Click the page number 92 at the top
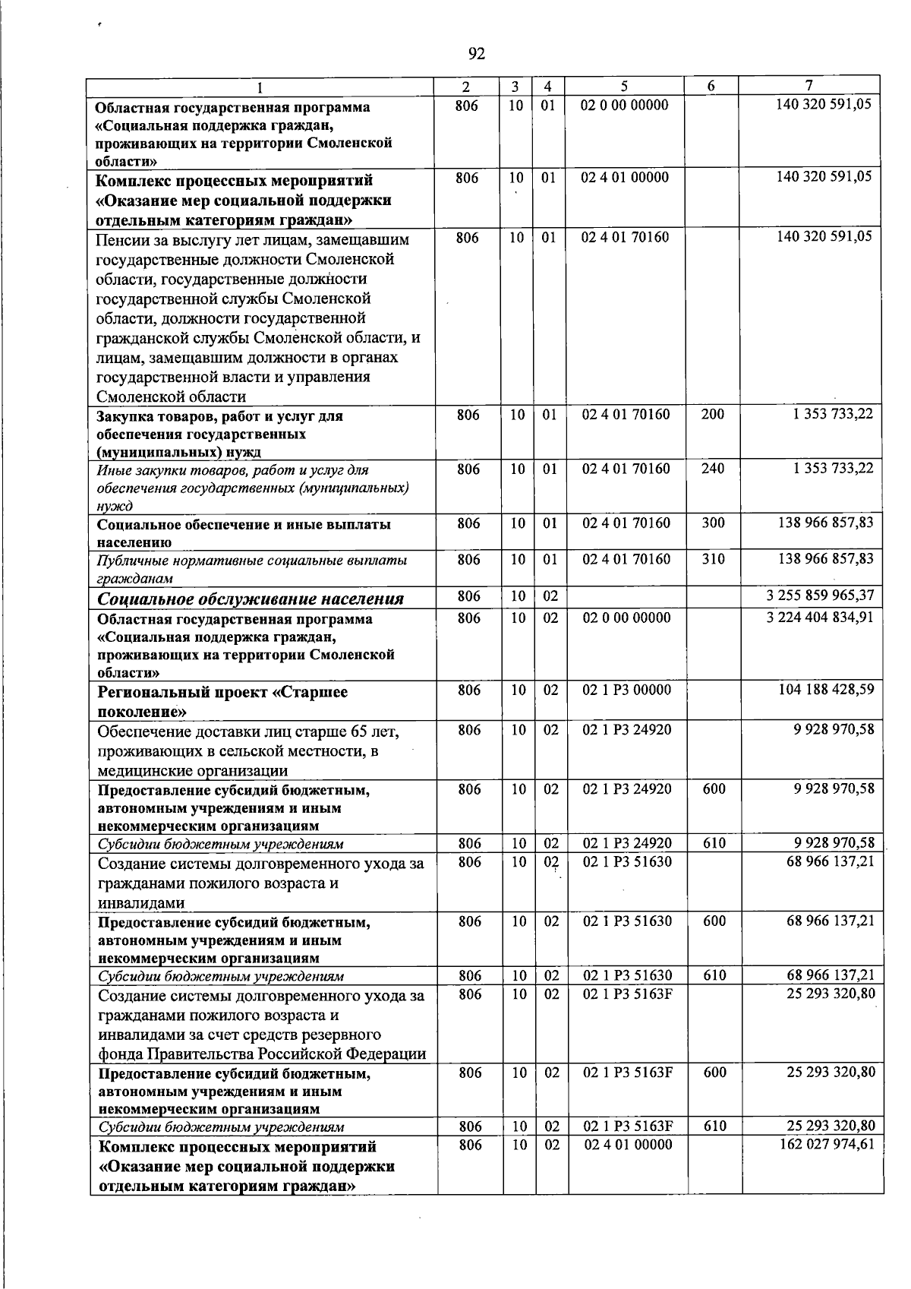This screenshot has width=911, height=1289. coord(476,53)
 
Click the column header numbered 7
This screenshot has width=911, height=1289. coord(809,87)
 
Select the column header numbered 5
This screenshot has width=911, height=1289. coord(624,87)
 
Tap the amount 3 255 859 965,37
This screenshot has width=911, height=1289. coord(820,596)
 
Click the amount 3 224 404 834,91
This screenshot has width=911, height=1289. coord(820,617)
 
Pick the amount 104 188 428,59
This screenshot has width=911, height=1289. coord(826,689)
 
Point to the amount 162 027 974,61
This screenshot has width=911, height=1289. coord(826,1144)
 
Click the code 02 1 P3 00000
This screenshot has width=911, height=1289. coord(626,690)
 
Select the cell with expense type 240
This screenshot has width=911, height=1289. coord(712,469)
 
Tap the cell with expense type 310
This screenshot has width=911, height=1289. coord(712,559)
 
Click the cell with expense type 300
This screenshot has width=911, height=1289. coord(712,523)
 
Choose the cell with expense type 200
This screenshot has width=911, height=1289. coord(712,414)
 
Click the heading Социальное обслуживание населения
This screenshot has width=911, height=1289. coord(251,599)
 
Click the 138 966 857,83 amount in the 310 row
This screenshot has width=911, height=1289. coord(826,559)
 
